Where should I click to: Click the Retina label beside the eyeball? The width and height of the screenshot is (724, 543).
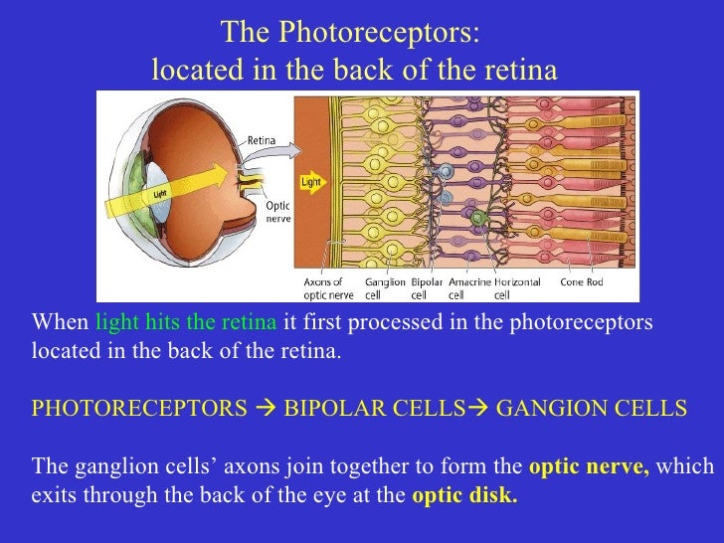point(261,140)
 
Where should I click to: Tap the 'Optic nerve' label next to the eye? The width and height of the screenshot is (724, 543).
point(277,212)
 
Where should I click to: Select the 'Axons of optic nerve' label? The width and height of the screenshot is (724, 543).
point(323,287)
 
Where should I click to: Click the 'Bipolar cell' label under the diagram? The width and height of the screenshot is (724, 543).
point(427,287)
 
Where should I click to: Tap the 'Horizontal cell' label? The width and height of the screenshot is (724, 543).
point(517,287)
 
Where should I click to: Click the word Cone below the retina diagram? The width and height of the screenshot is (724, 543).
point(572,282)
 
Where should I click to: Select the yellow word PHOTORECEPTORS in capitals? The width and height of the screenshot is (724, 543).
point(139,408)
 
